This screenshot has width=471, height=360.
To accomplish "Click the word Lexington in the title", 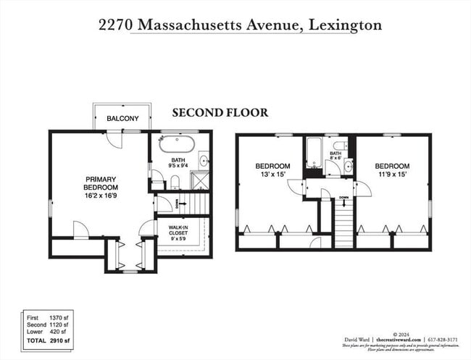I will (344, 25).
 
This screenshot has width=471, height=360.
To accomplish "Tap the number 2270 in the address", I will (116, 25).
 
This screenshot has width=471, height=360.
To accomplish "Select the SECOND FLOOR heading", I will (220, 112).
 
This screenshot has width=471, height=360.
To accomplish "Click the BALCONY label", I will (123, 118).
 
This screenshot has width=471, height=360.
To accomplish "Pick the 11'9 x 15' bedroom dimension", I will (392, 174).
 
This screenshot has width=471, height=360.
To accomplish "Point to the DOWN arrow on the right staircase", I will (343, 196).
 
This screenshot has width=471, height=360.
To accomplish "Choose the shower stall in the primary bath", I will (200, 180).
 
